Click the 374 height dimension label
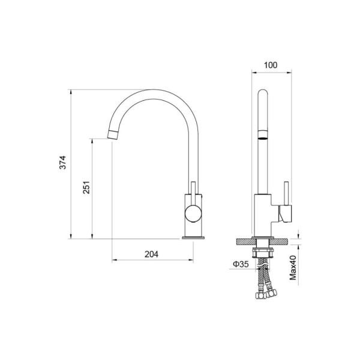pos(62,163)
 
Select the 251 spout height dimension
pos(86,187)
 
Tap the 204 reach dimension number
pos(151,254)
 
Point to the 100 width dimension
pos(271,65)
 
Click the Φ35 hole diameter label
pos(241,264)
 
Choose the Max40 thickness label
pos(293,268)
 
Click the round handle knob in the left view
pos(193,214)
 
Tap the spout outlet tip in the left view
pos(113,134)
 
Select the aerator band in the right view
pos(263,135)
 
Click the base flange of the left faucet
pos(193,238)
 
